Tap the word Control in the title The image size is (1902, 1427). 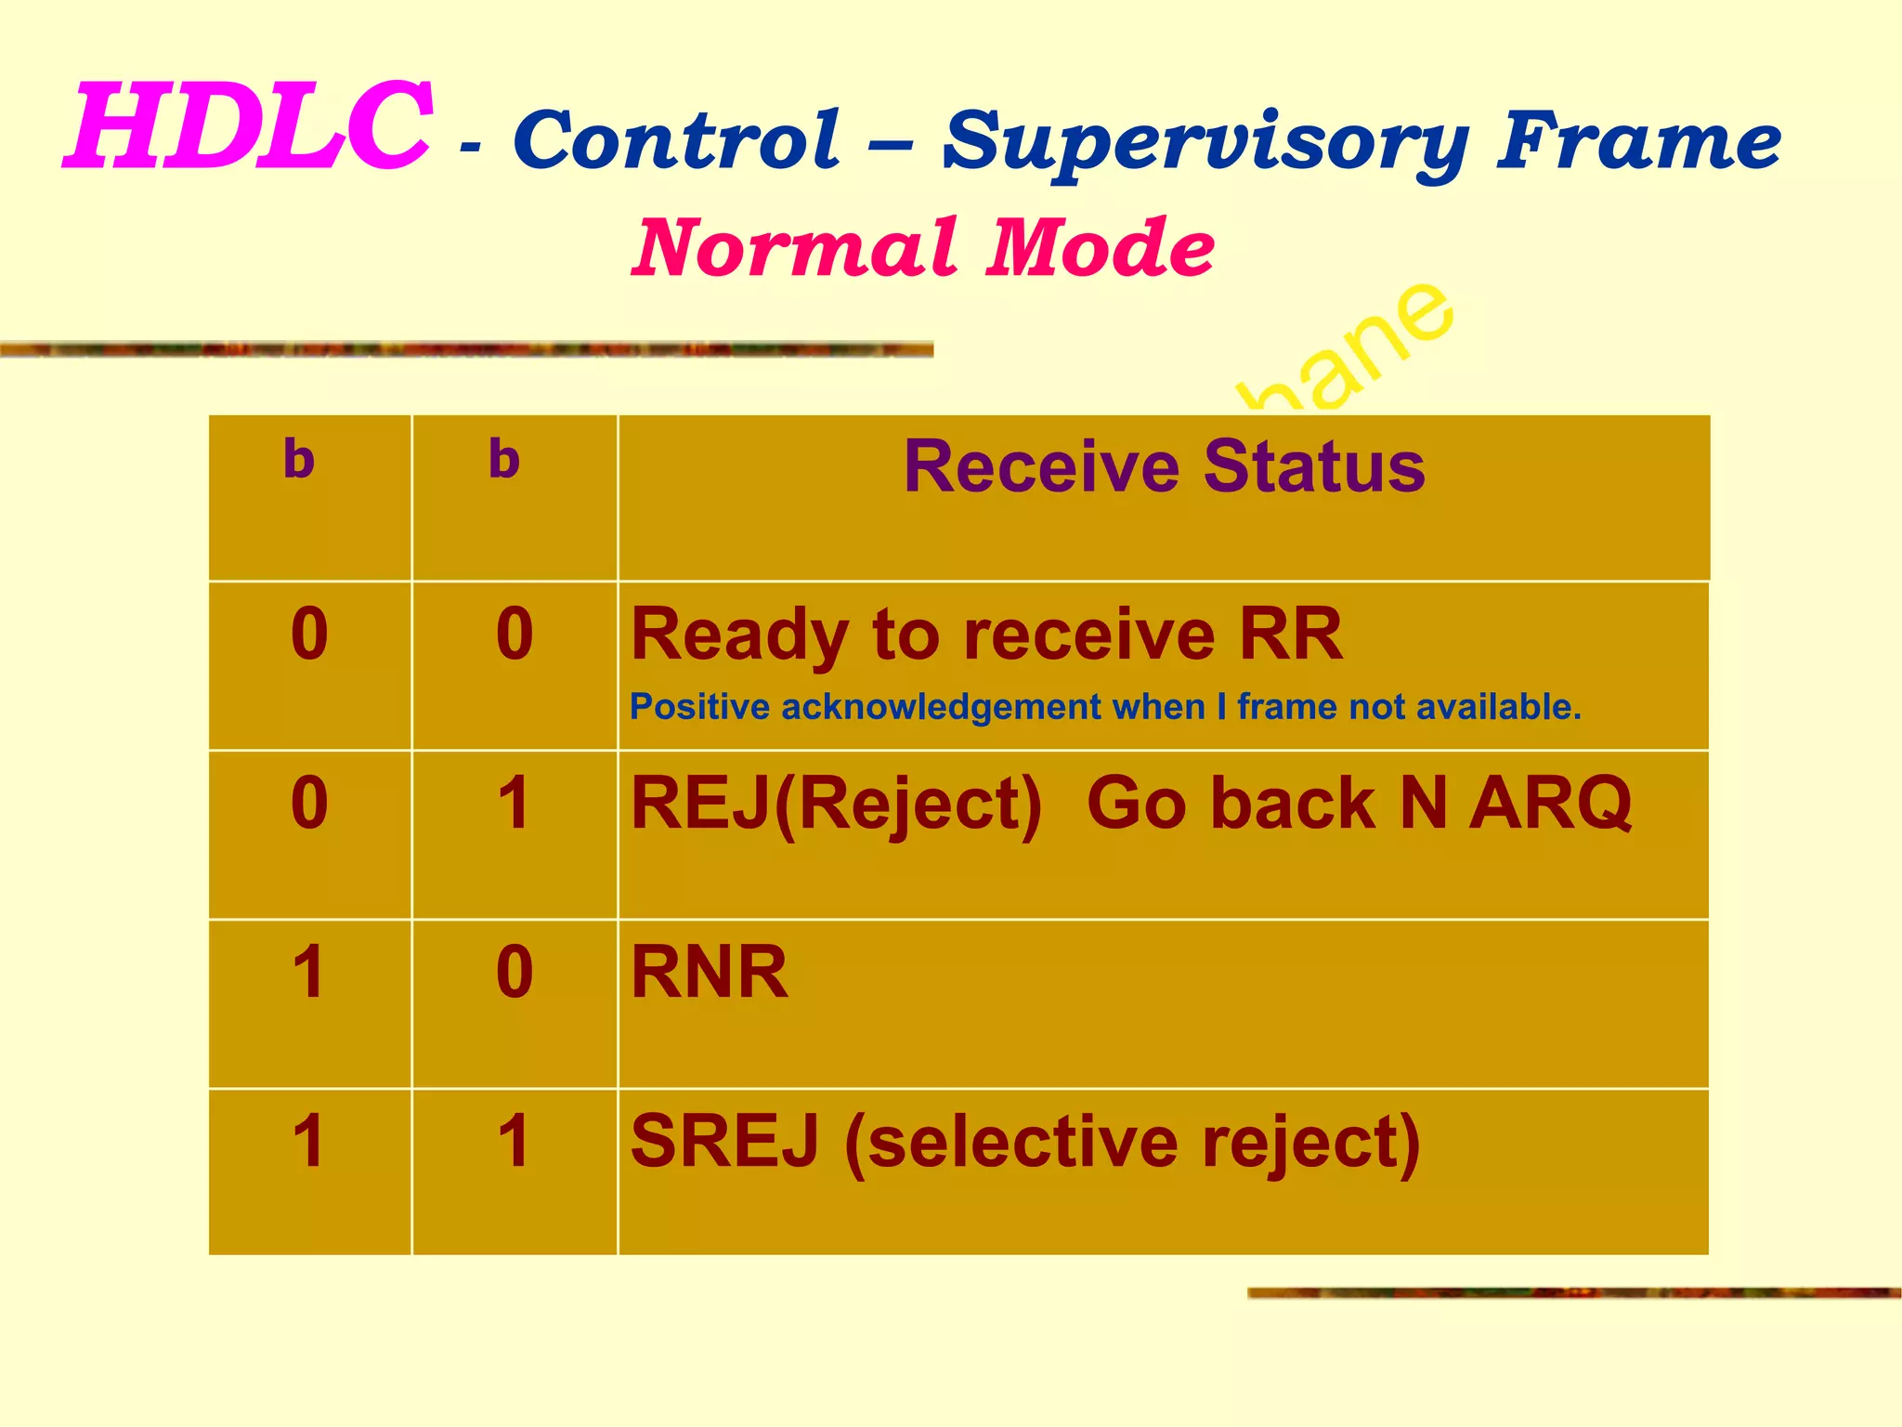676,140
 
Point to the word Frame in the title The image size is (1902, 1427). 1638,140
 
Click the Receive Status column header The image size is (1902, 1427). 1164,466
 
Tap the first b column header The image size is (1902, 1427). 299,459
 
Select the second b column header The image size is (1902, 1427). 504,459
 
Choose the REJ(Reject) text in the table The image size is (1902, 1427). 836,805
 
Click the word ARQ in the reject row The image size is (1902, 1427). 1550,803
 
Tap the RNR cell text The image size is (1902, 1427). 710,973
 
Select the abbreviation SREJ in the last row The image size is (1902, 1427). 725,1142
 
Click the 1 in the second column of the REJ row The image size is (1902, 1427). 514,804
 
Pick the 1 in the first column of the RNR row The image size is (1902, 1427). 308,973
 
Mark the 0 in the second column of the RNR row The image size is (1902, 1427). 515,973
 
